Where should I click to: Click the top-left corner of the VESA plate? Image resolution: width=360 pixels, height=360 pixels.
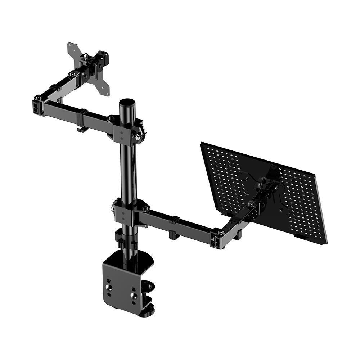point(70,45)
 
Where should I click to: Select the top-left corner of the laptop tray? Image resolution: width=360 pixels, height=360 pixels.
point(202,144)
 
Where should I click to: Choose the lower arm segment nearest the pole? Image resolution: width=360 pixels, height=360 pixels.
point(158,220)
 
